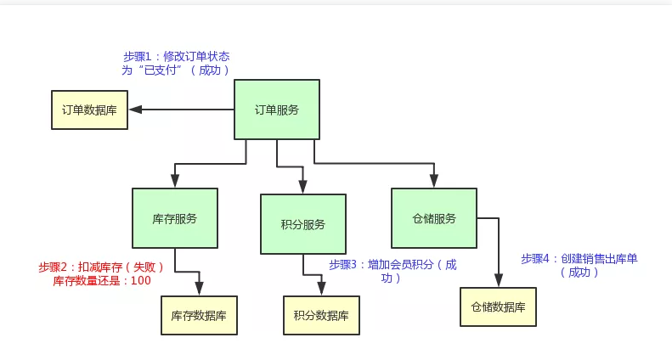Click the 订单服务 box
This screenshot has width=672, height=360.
coord(277,110)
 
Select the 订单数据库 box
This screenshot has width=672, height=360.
coord(89,110)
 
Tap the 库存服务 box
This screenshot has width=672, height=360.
coord(174,218)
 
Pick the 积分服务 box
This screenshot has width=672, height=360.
coord(302,224)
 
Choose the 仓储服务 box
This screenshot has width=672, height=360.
coord(433,218)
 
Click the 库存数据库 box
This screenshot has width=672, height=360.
coord(199,316)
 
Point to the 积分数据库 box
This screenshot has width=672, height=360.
coord(321,316)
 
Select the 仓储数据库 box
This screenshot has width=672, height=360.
coord(498,307)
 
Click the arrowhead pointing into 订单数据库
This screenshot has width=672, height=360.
coord(135,110)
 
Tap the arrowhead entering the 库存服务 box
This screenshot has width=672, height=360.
coord(175,182)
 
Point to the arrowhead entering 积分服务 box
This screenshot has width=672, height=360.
coord(302,188)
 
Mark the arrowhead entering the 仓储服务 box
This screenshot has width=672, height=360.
coord(433,182)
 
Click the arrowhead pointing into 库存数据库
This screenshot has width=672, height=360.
coord(199,290)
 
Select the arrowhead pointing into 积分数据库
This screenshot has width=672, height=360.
coord(321,290)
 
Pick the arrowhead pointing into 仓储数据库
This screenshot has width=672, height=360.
coord(498,281)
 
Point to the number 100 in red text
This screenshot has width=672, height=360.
coord(141,280)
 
